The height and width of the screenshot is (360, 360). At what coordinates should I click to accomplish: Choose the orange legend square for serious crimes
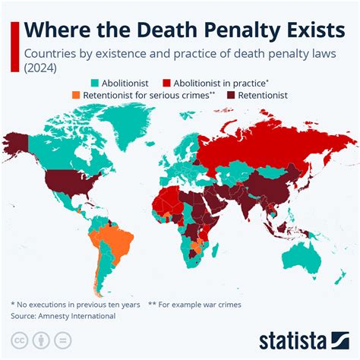pyautogui.click(x=74, y=96)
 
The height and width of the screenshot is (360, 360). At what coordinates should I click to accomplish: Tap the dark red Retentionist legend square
pyautogui.click(x=231, y=96)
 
